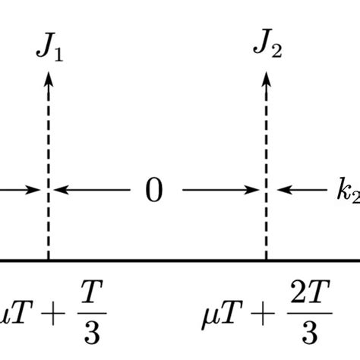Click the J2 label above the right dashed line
(267, 43)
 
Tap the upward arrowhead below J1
(49, 80)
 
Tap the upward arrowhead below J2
(266, 80)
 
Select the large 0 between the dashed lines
(154, 190)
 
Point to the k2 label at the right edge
(349, 191)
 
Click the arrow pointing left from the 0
(92, 190)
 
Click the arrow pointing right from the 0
(220, 190)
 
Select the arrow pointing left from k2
(302, 190)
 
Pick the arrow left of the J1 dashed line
(21, 190)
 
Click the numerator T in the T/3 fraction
(92, 291)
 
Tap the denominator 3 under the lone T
(92, 332)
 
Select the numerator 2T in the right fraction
(310, 291)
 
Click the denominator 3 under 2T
(310, 332)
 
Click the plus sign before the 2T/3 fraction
(263, 314)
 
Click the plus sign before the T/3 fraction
(53, 314)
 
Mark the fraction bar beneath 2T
(310, 313)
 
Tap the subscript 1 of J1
(58, 55)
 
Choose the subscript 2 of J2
(276, 51)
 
